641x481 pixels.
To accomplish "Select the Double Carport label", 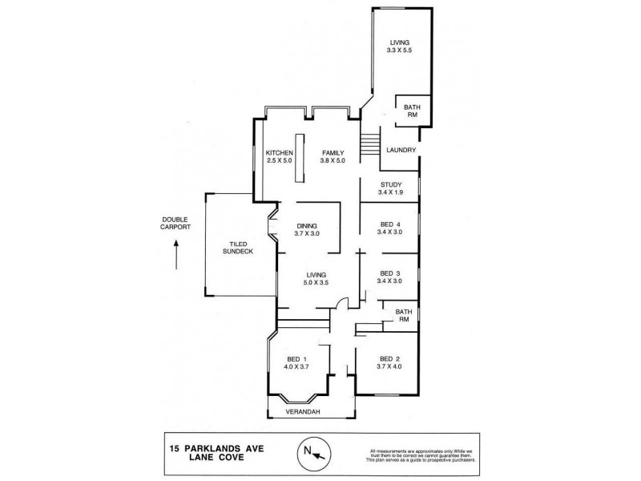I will pos(175,223).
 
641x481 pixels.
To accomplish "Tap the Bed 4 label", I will pos(391,228).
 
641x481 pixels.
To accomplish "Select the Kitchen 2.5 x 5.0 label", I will pos(280,157).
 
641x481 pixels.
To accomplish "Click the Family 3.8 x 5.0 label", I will pos(333,157).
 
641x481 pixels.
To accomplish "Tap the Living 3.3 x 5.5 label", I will pos(399,46).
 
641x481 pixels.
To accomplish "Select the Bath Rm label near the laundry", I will pos(411,111).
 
